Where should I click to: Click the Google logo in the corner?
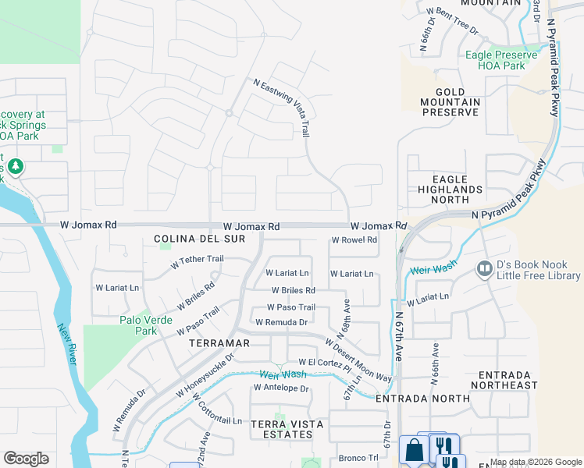26,459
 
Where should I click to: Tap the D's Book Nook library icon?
483,269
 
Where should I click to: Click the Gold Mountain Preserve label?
450,101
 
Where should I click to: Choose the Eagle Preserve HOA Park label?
500,60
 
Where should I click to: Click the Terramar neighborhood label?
219,342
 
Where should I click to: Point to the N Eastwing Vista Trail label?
282,107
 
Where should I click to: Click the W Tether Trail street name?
198,261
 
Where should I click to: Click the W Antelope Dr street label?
281,388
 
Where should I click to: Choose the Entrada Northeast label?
504,380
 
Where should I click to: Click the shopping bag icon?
412,449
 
